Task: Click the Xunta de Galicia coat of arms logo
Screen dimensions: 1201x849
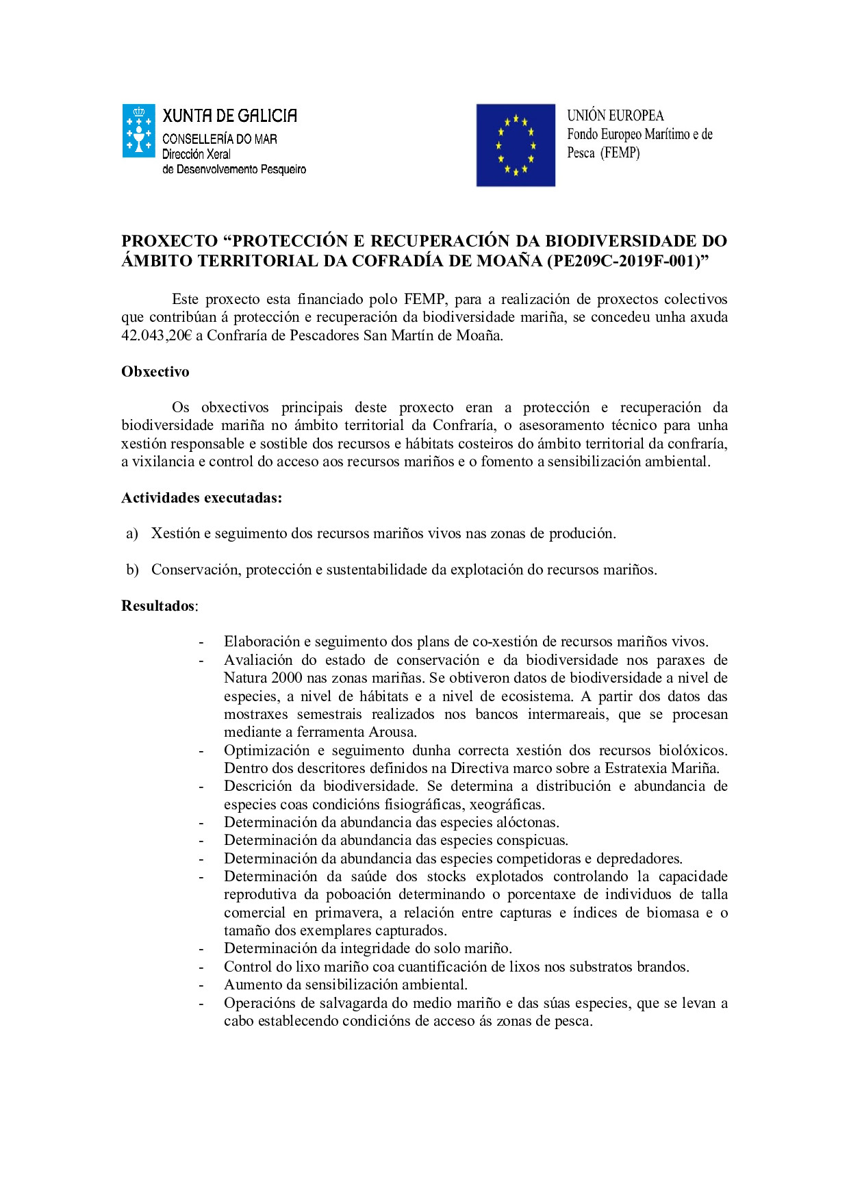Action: (139, 131)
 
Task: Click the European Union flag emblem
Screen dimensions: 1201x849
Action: (516, 145)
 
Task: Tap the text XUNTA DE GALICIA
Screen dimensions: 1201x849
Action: (230, 116)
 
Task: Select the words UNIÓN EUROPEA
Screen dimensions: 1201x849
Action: (615, 116)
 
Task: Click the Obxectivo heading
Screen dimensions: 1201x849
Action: (155, 372)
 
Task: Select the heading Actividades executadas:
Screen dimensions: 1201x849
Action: (202, 498)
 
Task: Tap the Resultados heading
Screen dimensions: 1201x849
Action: (158, 606)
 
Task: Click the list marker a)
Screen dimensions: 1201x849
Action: (132, 533)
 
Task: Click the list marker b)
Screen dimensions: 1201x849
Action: (132, 570)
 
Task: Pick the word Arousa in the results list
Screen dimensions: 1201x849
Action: (392, 732)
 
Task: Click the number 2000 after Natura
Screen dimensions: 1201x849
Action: (287, 678)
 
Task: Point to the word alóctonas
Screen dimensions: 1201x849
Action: (528, 822)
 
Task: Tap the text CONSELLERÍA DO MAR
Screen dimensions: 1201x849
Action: (220, 140)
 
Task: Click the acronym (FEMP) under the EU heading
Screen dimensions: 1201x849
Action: (620, 153)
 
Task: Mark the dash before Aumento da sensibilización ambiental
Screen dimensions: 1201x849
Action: (201, 985)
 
